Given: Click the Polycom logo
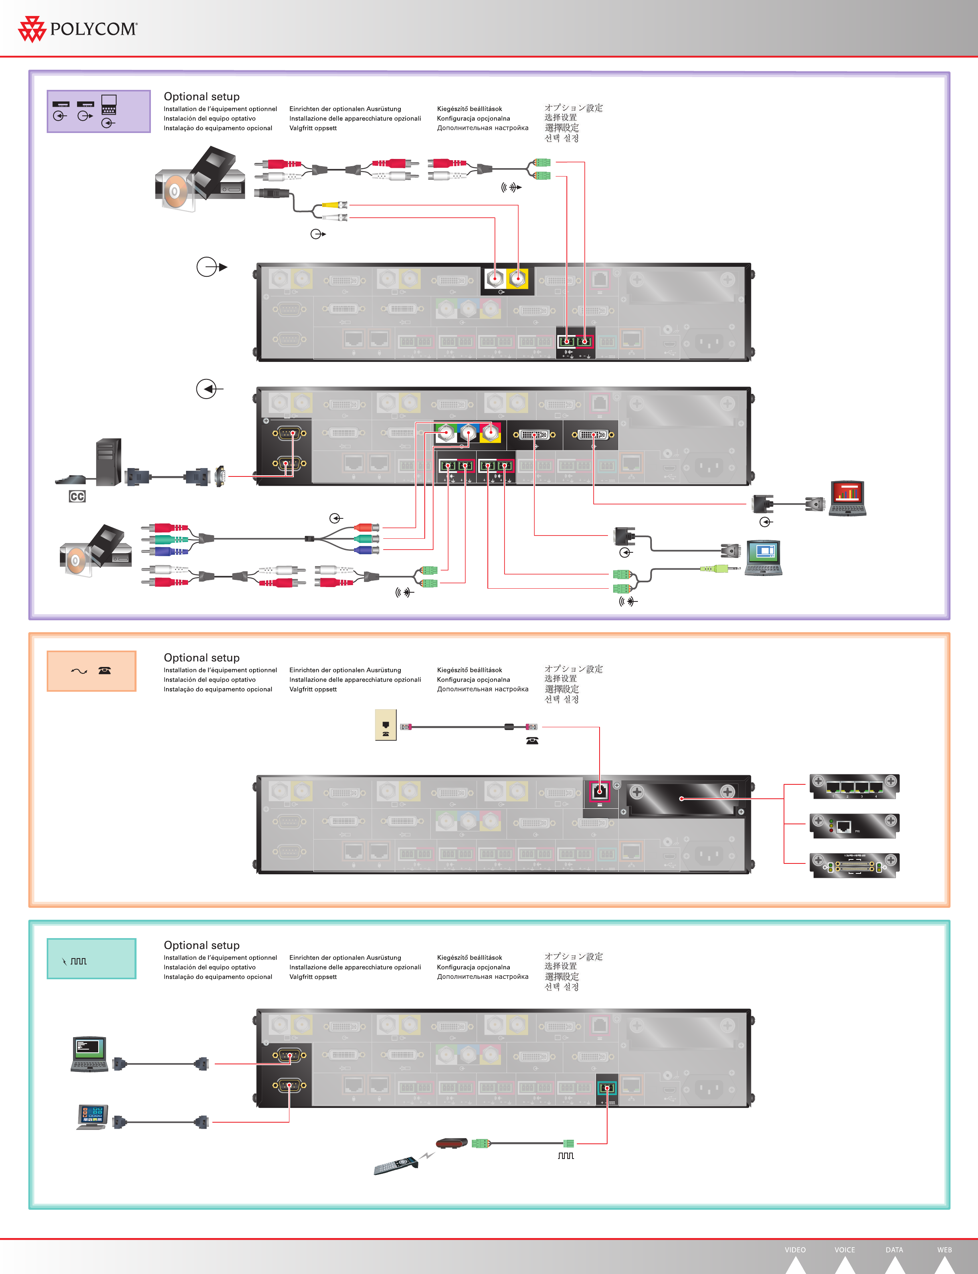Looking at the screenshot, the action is pyautogui.click(x=78, y=29).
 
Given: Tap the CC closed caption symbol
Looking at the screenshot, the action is pyautogui.click(x=77, y=496).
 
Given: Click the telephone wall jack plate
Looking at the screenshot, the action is pyautogui.click(x=385, y=725).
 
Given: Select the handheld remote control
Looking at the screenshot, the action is pyautogui.click(x=396, y=1166).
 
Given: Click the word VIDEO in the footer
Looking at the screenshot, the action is pyautogui.click(x=795, y=1250).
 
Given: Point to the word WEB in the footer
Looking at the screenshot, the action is pyautogui.click(x=944, y=1250).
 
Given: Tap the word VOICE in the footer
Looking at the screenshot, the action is pyautogui.click(x=845, y=1250).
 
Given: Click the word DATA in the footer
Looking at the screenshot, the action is pyautogui.click(x=894, y=1250).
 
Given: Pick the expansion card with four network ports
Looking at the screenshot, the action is pyautogui.click(x=854, y=787).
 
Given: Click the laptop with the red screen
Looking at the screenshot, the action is pyautogui.click(x=847, y=498).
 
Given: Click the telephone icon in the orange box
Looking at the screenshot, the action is pyautogui.click(x=105, y=670).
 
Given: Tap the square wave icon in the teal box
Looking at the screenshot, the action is pyautogui.click(x=79, y=961).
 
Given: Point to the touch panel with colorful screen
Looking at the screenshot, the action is pyautogui.click(x=92, y=1117).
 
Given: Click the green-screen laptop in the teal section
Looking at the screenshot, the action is pyautogui.click(x=90, y=1054).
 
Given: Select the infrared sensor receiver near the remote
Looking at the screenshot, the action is pyautogui.click(x=452, y=1143).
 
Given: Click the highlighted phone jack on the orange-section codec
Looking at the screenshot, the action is pyautogui.click(x=600, y=791).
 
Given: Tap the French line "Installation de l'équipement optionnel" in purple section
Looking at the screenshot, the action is pyautogui.click(x=220, y=109).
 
